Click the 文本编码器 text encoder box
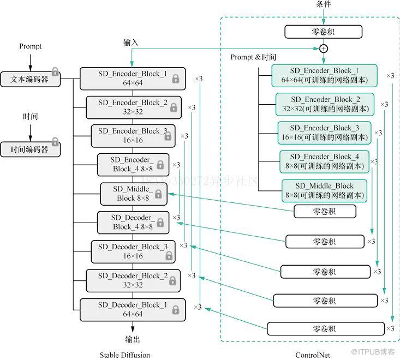[30, 79]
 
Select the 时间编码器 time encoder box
[30, 149]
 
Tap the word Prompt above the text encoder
[30, 46]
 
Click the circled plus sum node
[323, 49]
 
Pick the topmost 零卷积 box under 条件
[324, 32]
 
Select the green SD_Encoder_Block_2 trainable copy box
[325, 104]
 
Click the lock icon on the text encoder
[55, 71]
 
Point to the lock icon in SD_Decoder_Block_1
[176, 310]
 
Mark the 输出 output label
[133, 339]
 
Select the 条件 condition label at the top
[324, 4]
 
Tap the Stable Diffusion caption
[125, 355]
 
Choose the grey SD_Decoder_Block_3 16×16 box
[133, 251]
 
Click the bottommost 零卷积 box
[325, 329]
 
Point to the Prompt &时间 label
[253, 57]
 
